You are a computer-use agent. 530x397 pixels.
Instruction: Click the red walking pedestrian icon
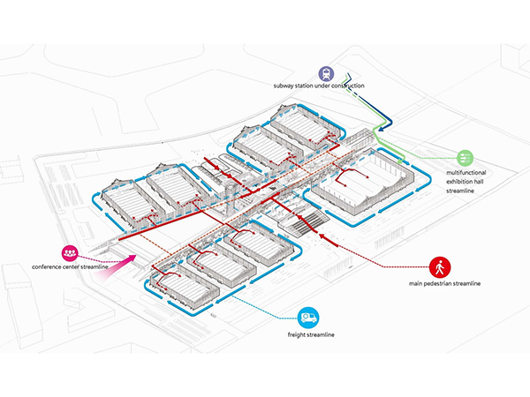click(440, 267)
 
